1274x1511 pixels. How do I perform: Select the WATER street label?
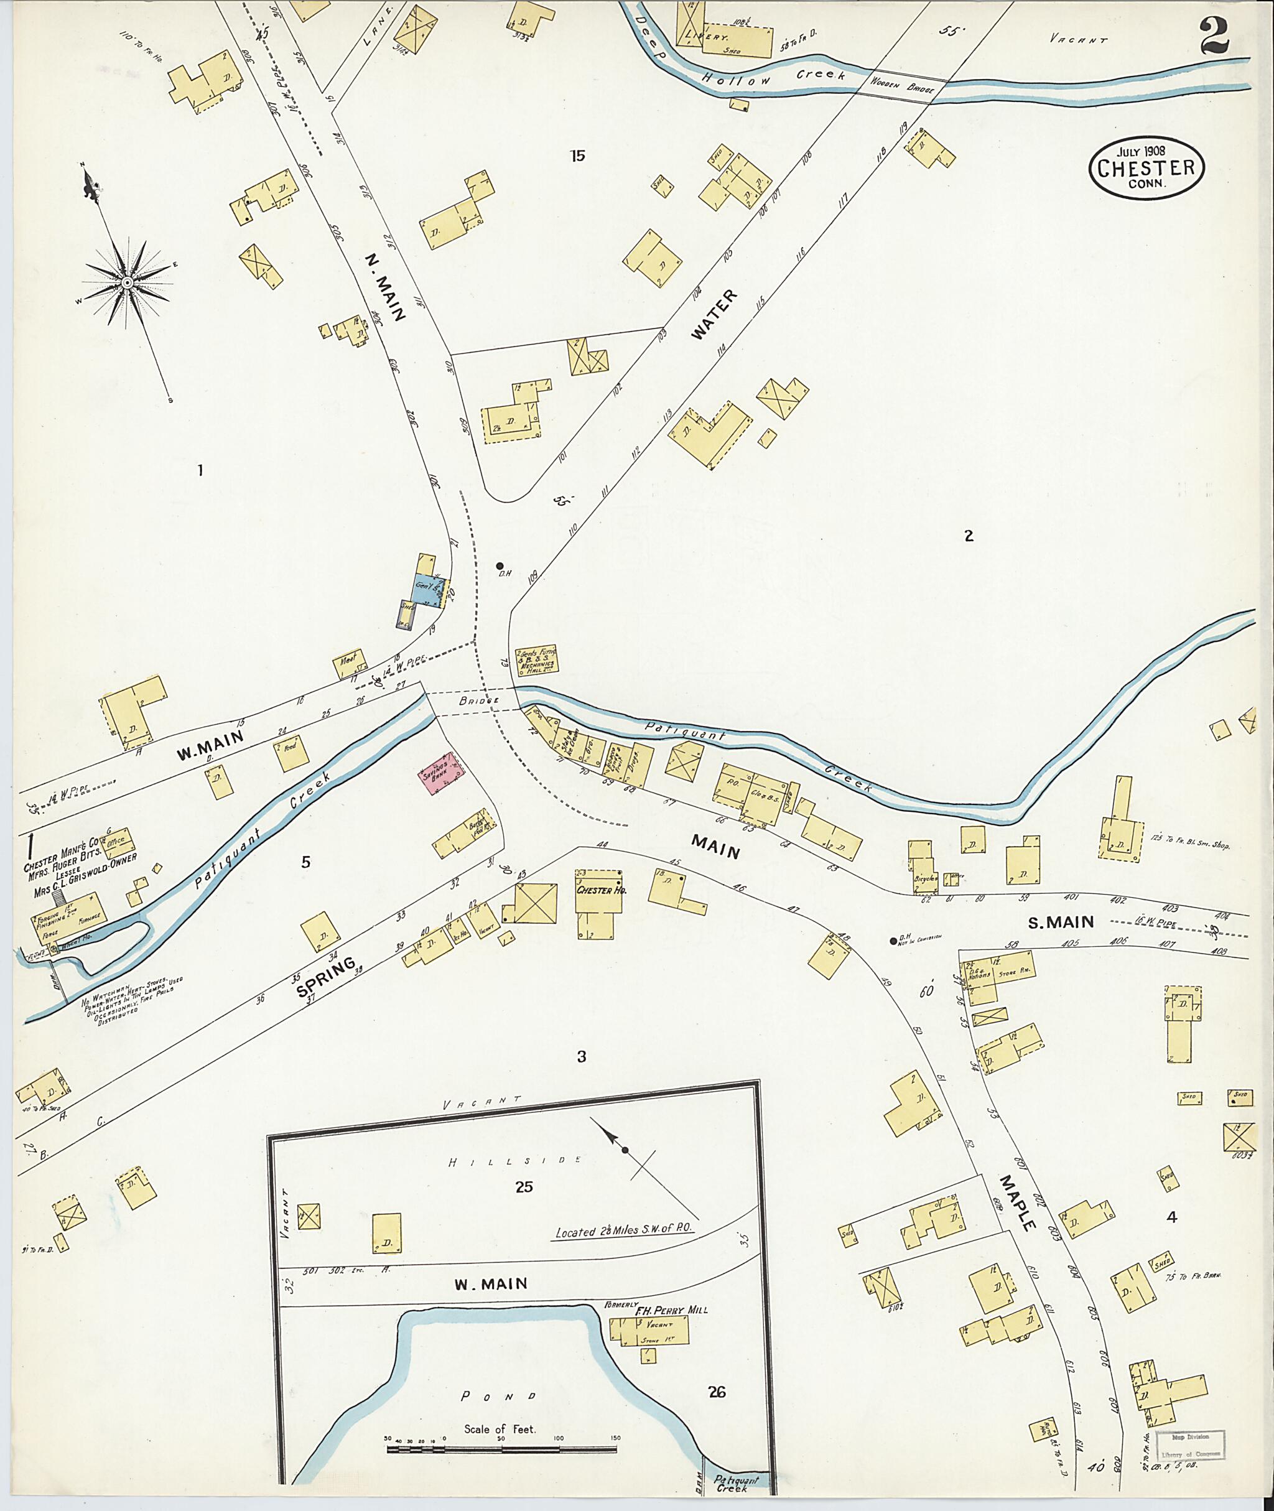pyautogui.click(x=714, y=314)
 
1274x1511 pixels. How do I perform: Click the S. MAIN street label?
pyautogui.click(x=1061, y=922)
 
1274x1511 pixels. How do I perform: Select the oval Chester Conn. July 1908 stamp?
pyautogui.click(x=1146, y=167)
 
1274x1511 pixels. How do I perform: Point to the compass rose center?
pyautogui.click(x=126, y=282)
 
